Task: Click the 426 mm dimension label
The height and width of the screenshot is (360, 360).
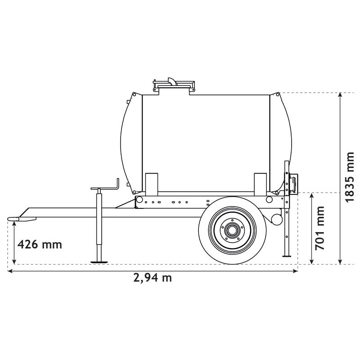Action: [39, 245]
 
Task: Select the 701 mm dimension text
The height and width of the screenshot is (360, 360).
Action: [320, 228]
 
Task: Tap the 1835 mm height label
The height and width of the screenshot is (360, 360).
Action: [349, 177]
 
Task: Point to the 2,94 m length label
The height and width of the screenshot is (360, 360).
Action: [153, 278]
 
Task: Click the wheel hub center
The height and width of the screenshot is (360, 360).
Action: [232, 231]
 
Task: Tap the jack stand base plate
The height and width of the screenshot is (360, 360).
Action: [99, 261]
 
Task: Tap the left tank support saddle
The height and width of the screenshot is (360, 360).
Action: [152, 183]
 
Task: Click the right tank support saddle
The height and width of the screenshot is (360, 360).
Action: [261, 183]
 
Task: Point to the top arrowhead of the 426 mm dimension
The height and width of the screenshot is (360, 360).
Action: [15, 224]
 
